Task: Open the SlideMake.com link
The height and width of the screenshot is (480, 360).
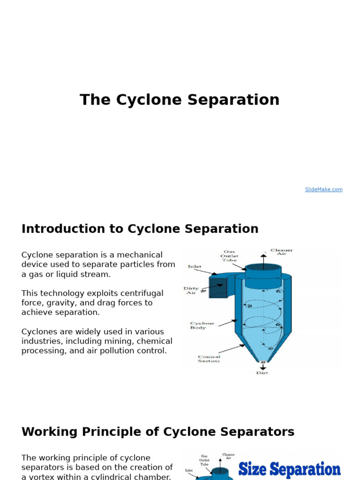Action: coord(323,189)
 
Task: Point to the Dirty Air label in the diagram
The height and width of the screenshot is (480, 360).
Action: coord(191,291)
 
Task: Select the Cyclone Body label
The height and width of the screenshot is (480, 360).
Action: coord(202,325)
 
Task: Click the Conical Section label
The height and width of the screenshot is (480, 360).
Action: coord(209,359)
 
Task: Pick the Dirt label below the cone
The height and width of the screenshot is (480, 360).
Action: coord(262,373)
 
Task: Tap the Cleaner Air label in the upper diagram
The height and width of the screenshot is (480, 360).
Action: coord(281,252)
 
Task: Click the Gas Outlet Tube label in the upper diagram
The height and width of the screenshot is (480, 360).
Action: coord(229,256)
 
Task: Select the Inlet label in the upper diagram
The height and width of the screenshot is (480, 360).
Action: coord(195,267)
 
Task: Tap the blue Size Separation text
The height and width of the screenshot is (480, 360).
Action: coord(289,469)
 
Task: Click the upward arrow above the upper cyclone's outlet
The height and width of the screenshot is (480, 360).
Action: coord(263,258)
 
